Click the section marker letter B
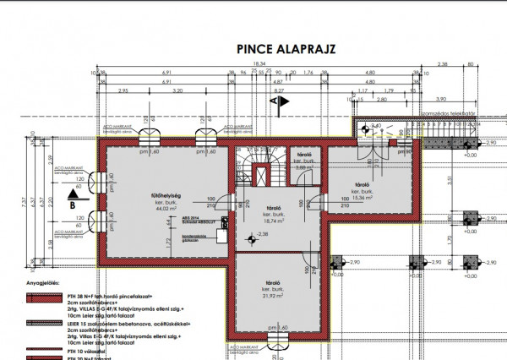[x=73, y=205]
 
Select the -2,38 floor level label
[x=263, y=233]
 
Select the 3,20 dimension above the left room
[x=177, y=90]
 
